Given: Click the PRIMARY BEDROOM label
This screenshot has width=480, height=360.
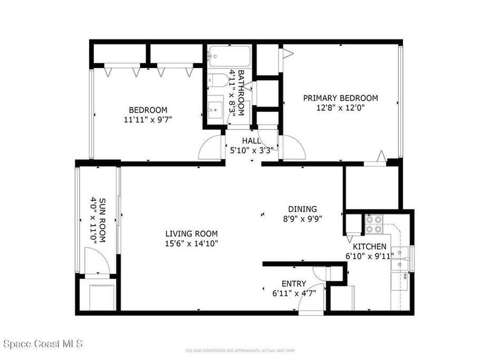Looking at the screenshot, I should [x=340, y=98].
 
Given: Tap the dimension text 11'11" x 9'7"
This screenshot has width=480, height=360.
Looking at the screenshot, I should [x=145, y=120].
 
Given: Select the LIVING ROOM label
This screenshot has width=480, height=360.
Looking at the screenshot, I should [x=191, y=233].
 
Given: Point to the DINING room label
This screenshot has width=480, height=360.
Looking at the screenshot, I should [x=302, y=209].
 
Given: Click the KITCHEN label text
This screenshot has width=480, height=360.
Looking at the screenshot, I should [x=369, y=247].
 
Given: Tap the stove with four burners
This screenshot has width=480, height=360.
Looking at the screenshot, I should [x=374, y=224].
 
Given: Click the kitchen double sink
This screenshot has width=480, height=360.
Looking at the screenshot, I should [x=400, y=258].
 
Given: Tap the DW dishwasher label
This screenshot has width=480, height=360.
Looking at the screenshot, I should [x=404, y=276].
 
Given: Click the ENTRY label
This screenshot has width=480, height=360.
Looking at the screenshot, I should [x=294, y=284].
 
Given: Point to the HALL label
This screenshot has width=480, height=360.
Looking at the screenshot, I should [x=252, y=141].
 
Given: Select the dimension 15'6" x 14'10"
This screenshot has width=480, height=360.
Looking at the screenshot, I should [x=191, y=243].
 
